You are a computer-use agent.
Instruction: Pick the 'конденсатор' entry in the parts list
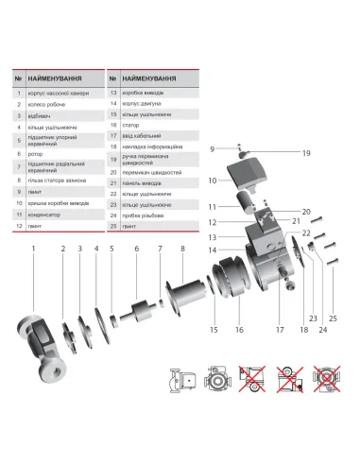click(48, 214)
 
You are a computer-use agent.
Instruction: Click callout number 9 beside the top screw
click(214, 149)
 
